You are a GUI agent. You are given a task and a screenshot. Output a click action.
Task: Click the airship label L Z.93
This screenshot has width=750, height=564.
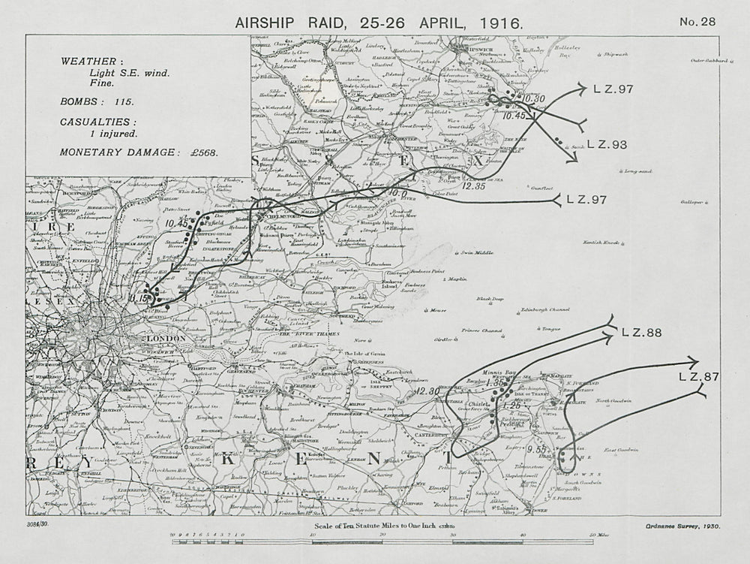point(607,143)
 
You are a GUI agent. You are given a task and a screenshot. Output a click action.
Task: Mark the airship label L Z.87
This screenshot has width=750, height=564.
point(698,377)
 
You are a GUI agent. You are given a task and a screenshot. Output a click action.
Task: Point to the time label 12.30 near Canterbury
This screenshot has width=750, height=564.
point(424,391)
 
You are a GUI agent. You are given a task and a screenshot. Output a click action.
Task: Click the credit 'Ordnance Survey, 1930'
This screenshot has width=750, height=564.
point(684,526)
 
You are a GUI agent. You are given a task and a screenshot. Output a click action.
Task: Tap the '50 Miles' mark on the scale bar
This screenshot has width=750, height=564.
point(598,535)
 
